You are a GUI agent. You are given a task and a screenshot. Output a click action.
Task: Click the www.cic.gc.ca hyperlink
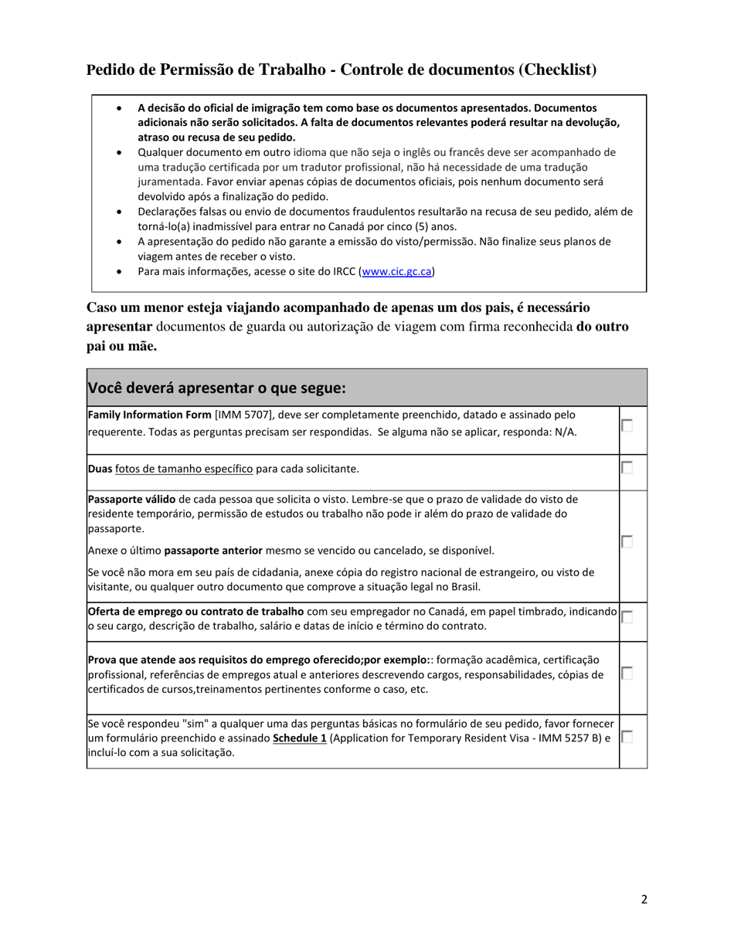(x=396, y=271)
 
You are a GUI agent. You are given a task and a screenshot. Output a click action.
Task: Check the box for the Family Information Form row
(x=627, y=426)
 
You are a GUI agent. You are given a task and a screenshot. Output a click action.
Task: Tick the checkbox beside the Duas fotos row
(x=627, y=467)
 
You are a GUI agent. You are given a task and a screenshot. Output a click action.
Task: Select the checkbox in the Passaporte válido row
(x=627, y=541)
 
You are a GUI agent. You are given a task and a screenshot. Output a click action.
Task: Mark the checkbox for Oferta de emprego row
(x=627, y=616)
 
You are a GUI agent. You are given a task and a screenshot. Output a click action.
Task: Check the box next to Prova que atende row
(x=627, y=673)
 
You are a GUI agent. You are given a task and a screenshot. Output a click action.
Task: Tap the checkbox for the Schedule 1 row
(x=627, y=737)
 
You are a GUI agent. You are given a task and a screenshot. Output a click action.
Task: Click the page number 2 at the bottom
(x=644, y=898)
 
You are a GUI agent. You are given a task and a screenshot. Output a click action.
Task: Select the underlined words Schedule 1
(x=300, y=738)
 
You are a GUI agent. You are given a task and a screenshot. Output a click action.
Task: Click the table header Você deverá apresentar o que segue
(x=216, y=388)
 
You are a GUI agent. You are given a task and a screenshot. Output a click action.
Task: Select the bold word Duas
(x=100, y=469)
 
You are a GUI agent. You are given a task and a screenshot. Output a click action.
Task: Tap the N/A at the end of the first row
(x=566, y=432)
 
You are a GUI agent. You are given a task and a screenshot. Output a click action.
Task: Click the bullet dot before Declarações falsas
(x=119, y=212)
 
